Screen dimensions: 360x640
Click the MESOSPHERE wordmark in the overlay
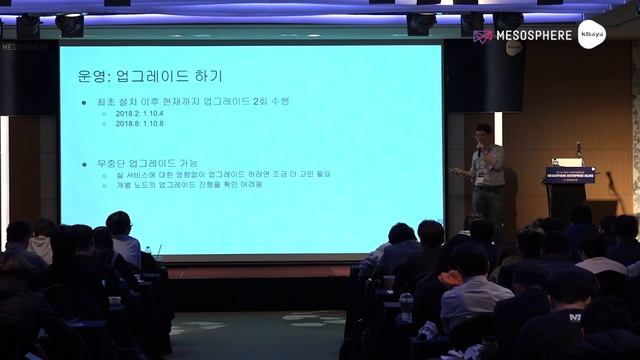coord(534,35)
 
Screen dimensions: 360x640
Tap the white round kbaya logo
coord(592,34)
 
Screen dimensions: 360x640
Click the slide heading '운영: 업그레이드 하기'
coord(149,76)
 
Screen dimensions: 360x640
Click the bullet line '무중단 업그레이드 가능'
coord(144,162)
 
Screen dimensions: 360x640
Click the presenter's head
coord(483,132)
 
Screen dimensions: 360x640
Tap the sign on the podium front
coord(570,175)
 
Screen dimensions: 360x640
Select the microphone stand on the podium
coord(578,151)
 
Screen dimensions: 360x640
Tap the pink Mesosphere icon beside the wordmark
coord(482,36)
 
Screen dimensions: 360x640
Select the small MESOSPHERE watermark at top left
coord(28,46)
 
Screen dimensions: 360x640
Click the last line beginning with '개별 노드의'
coord(189,184)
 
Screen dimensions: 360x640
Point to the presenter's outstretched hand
coord(454,171)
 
